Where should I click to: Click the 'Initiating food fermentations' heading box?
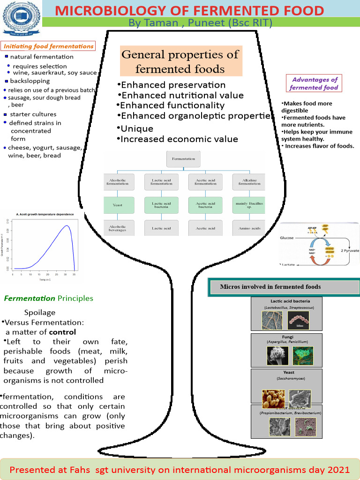coord(48,46)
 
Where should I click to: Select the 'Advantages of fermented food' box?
coord(314,84)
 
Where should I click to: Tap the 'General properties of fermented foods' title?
coord(180,62)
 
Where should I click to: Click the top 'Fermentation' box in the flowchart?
coord(183,159)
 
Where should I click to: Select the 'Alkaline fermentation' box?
coord(249,181)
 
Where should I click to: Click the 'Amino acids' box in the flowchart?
coord(249,228)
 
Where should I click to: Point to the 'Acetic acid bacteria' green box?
coord(205,205)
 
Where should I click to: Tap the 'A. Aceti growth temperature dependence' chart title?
coord(45,214)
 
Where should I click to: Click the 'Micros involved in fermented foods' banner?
coord(284,287)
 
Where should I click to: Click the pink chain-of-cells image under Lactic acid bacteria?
coord(300,321)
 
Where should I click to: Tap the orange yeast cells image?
coord(273,398)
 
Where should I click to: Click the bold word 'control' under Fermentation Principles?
coord(62,332)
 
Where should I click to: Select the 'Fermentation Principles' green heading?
coord(48,298)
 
